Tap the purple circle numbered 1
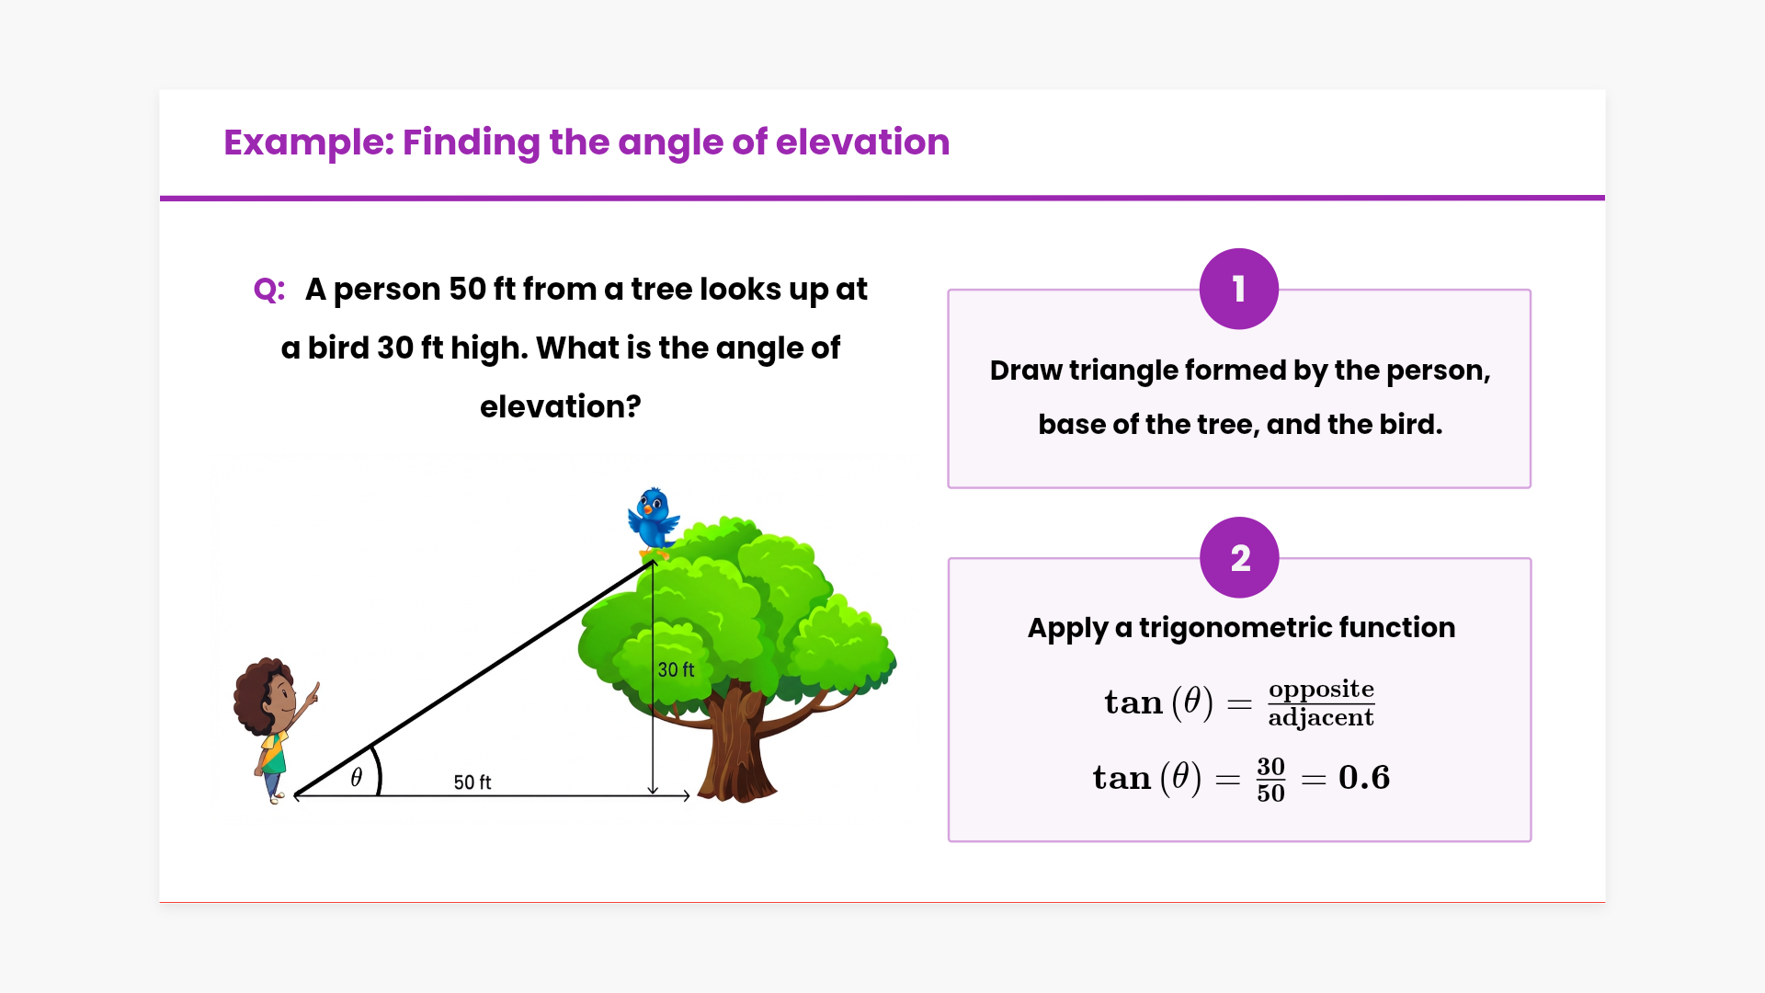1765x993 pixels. tap(1239, 289)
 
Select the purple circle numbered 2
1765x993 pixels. tap(1239, 557)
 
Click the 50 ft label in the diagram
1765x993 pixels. tap(473, 782)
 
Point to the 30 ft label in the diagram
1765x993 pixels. tap(676, 670)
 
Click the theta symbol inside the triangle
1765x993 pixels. tap(357, 777)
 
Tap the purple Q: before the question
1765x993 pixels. tap(269, 291)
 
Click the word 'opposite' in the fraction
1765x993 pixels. tap(1321, 690)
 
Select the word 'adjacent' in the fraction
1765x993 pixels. tap(1321, 718)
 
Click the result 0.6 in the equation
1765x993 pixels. tap(1364, 778)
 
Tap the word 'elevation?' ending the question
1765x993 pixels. tap(561, 406)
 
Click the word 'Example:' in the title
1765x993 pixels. tap(309, 143)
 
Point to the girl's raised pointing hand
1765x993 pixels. tap(313, 693)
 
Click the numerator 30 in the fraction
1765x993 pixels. tap(1270, 767)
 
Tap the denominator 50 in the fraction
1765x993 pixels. tap(1270, 793)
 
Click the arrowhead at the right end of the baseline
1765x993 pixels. tap(687, 796)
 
